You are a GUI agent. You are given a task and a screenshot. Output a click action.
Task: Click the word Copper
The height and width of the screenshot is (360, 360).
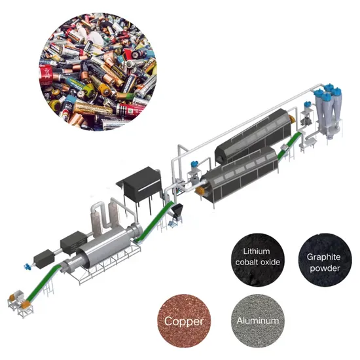pos(184,321)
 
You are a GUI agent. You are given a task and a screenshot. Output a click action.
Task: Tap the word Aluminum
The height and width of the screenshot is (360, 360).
pos(258,321)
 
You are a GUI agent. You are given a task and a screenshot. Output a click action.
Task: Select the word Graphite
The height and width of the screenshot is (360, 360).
pos(323,257)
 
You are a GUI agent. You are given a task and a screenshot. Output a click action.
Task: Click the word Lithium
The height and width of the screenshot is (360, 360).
pos(257,251)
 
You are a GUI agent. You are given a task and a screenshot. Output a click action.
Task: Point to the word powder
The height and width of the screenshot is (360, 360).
pos(325,268)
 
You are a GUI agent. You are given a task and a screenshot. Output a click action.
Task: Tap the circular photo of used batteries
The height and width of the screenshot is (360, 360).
pos(98,71)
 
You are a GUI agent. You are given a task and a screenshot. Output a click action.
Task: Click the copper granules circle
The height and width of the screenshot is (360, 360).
pos(184,321)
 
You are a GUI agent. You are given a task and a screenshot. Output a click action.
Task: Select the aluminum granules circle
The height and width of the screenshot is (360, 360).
pos(258,321)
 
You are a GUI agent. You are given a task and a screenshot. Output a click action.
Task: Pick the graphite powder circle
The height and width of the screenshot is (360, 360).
pos(325,260)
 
